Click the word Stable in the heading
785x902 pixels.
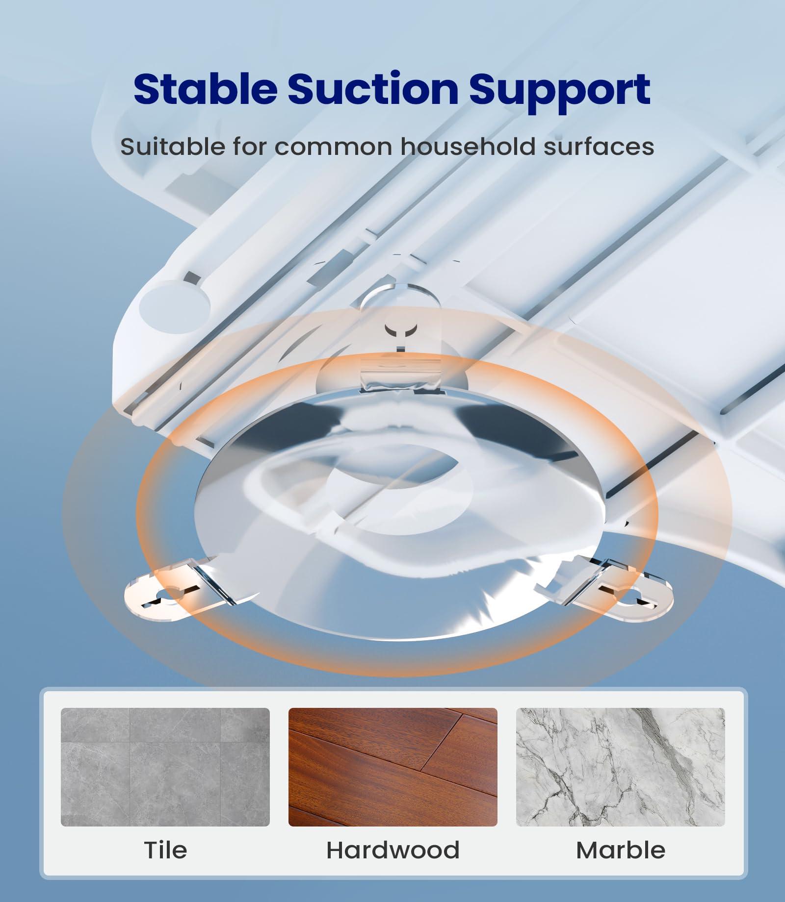point(205,89)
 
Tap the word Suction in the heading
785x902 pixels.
point(372,89)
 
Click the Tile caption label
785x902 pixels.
point(165,850)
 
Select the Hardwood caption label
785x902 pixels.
point(393,850)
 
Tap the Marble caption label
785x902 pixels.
point(621,850)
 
